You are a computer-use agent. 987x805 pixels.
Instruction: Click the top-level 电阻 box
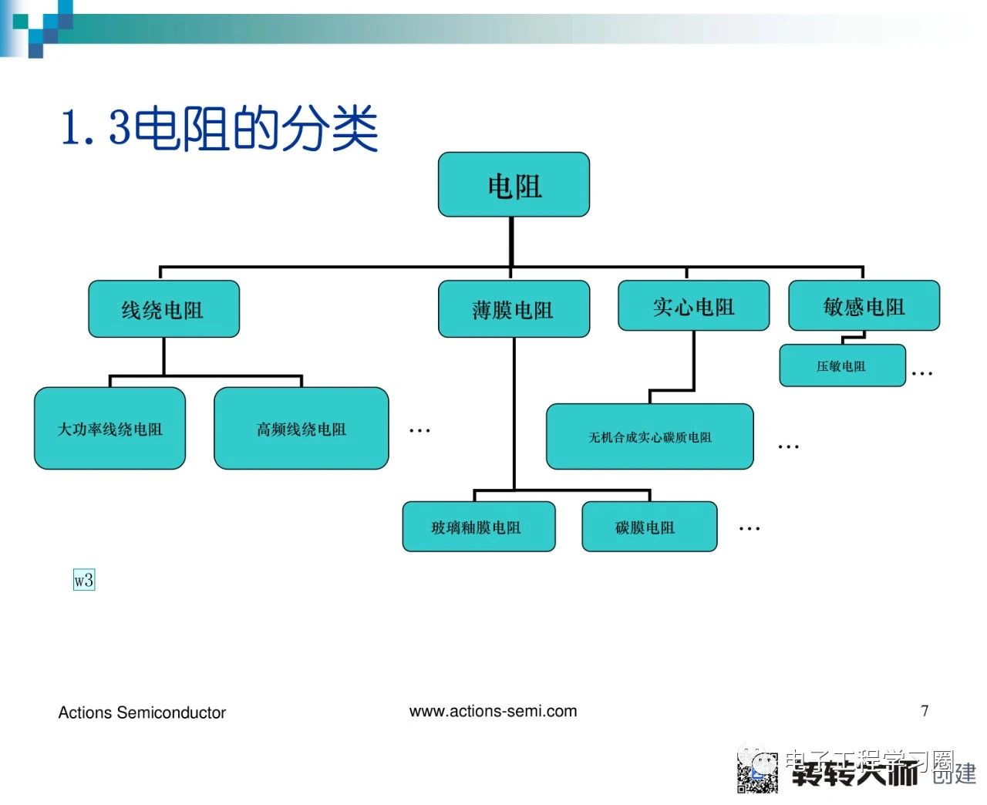coord(514,185)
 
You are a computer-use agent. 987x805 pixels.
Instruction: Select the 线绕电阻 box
coord(163,309)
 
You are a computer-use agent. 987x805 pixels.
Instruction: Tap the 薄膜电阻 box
coord(514,309)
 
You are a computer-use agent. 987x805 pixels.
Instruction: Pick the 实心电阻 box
coord(693,306)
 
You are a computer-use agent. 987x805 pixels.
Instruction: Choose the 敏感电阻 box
coord(864,306)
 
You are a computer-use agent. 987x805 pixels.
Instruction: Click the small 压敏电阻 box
coord(841,365)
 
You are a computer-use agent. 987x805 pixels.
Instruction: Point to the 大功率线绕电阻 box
coord(110,429)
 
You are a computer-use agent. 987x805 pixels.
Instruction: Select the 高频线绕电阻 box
coord(301,429)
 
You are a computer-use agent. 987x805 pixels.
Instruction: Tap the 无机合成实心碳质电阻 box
coord(650,437)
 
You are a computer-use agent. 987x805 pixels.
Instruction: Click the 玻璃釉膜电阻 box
coord(478,527)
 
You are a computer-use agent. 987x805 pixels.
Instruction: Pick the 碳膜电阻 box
coord(648,527)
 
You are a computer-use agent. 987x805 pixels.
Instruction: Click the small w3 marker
coord(84,580)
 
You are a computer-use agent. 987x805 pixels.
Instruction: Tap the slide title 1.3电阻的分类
coord(220,128)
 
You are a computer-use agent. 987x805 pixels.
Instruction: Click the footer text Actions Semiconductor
coord(142,712)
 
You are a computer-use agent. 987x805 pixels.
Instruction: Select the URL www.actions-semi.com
coord(493,711)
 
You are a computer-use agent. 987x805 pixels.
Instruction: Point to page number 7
coord(925,710)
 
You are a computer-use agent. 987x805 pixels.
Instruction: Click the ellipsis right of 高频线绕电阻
coord(419,430)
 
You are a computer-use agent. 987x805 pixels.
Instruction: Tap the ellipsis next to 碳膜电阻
coord(750,529)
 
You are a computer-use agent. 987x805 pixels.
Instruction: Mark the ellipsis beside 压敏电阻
coord(922,373)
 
